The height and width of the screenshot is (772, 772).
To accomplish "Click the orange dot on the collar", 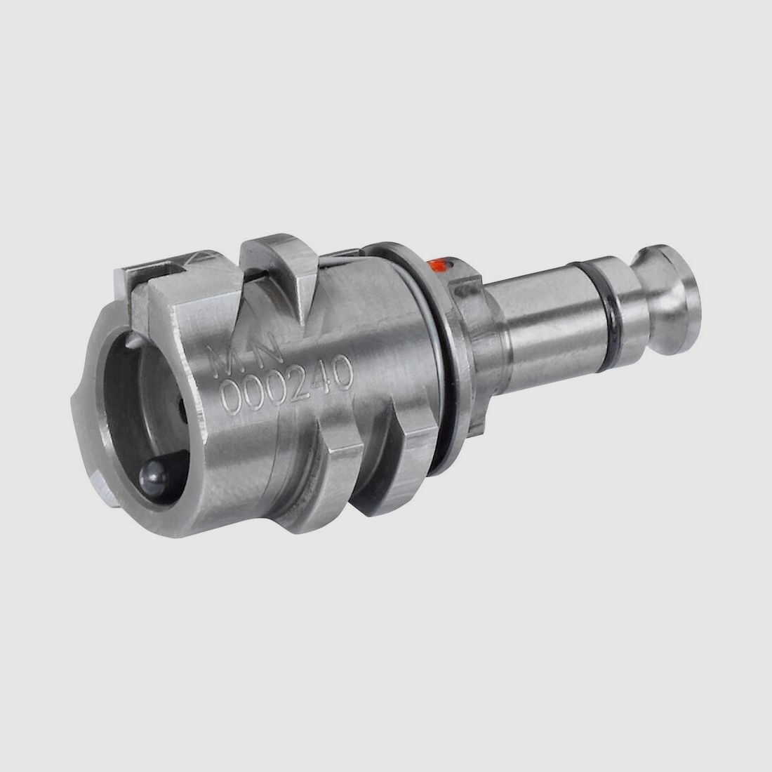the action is [438, 265].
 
